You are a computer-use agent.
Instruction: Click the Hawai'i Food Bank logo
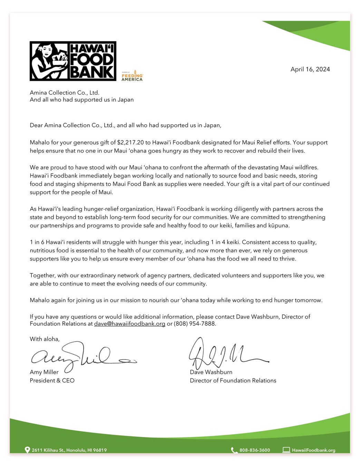[x=73, y=61]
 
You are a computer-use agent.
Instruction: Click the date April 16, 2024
[x=310, y=69]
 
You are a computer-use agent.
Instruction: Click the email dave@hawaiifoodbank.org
[x=129, y=324]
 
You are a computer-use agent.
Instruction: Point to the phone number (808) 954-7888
[x=195, y=324]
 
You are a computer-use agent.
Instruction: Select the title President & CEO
[x=52, y=380]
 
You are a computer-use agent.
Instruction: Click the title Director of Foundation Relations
[x=233, y=380]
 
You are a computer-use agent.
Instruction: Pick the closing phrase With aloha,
[x=45, y=339]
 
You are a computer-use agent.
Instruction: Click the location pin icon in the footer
[x=27, y=450]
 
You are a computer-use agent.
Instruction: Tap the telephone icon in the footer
[x=234, y=450]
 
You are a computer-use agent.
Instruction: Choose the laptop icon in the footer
[x=286, y=450]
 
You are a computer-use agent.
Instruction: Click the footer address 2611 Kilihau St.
[x=69, y=450]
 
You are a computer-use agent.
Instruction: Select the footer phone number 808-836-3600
[x=255, y=450]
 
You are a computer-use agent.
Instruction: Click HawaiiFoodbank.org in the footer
[x=313, y=450]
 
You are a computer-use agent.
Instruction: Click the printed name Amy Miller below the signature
[x=44, y=372]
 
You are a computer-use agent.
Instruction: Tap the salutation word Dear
[x=36, y=125]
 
